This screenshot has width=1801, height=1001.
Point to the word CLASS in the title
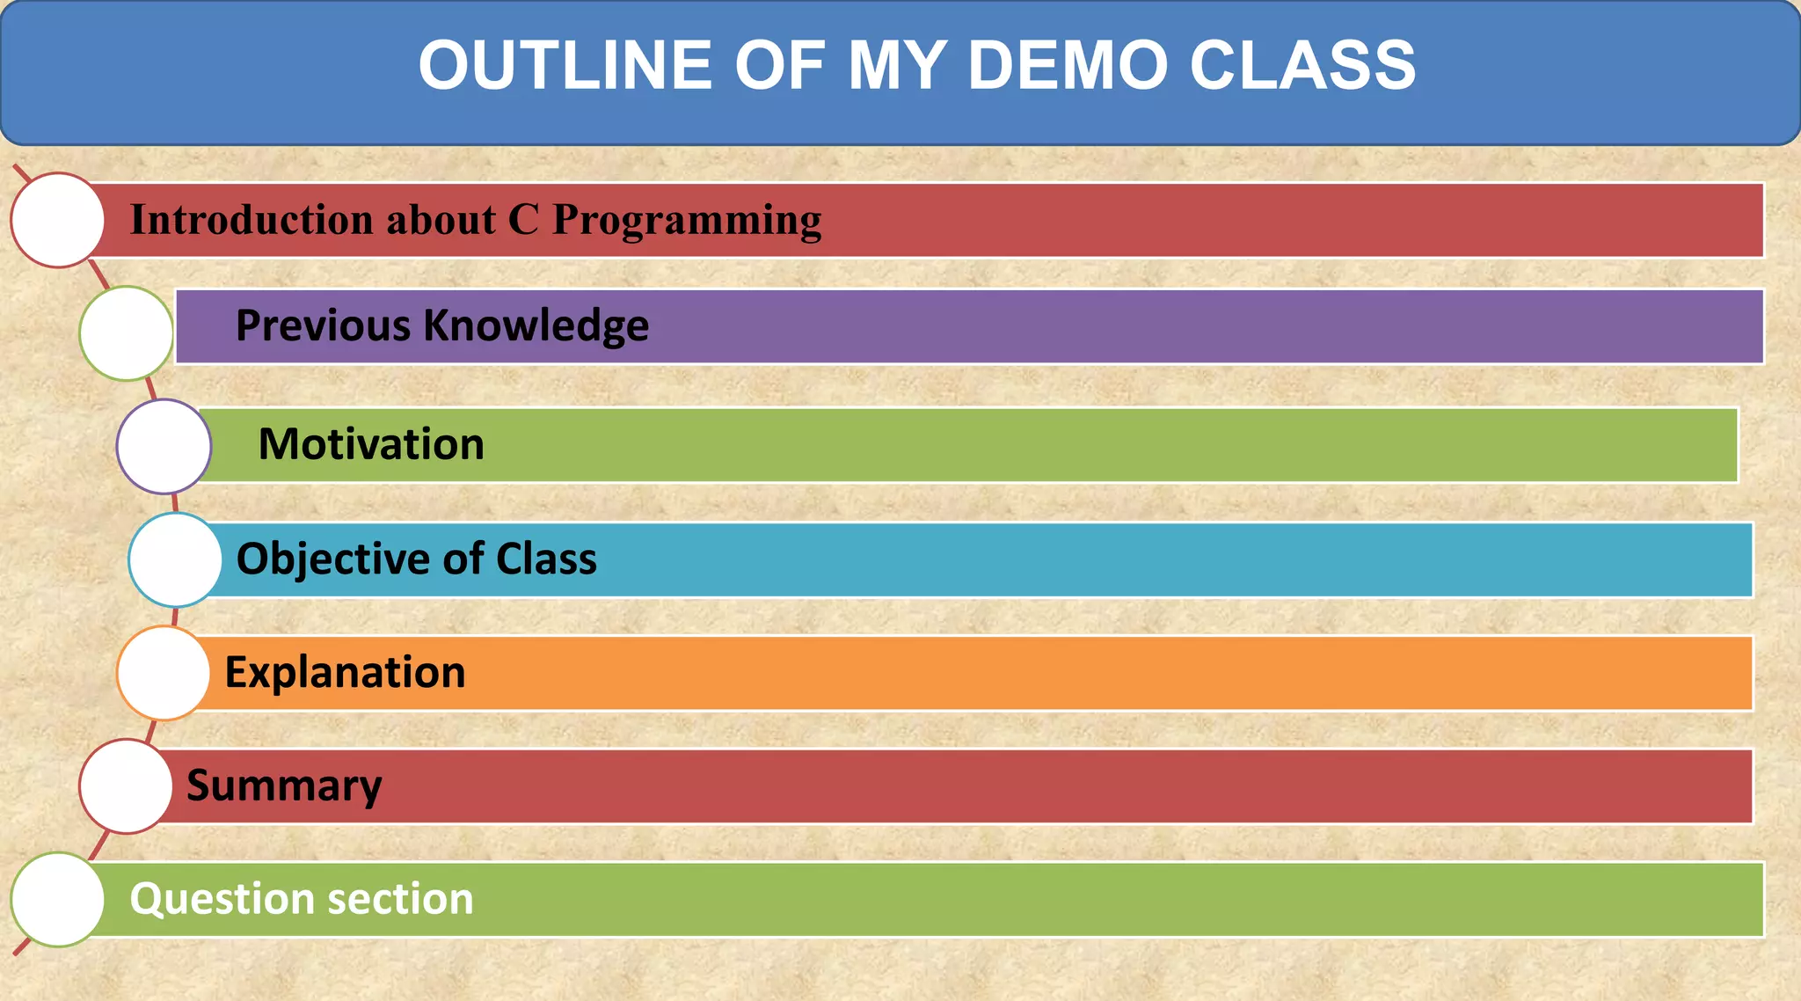(1302, 66)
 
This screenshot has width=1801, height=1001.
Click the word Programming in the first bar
(687, 221)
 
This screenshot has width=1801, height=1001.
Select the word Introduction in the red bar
(251, 219)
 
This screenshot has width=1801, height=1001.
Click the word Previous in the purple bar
(324, 325)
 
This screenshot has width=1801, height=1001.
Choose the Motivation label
(371, 444)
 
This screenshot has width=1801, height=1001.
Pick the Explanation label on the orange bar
(345, 673)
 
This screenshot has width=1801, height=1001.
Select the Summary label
(284, 786)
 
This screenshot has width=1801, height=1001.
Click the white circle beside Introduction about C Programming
(58, 220)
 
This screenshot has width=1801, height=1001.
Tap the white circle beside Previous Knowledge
(126, 333)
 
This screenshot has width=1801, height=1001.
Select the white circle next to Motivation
(164, 447)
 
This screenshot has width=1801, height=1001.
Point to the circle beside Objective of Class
(175, 559)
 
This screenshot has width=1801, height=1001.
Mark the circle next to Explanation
(164, 673)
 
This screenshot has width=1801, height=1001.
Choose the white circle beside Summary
(126, 786)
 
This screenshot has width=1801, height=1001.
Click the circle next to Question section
(58, 899)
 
